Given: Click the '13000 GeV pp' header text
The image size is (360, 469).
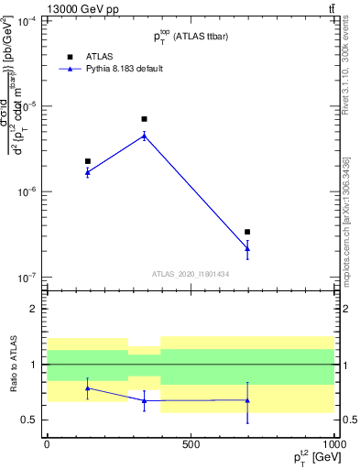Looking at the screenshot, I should point(51,8).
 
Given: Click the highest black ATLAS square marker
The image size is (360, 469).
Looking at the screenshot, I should point(144,119).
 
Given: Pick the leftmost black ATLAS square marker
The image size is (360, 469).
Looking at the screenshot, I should point(88,161).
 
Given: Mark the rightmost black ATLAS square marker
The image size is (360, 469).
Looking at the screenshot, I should point(247,233).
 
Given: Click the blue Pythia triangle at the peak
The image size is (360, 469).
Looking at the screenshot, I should point(144,136).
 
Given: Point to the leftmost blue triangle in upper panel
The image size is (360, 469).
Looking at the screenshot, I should point(88,171).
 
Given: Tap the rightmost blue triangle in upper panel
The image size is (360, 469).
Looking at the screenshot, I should point(247,248).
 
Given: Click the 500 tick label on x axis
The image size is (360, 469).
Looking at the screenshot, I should point(191,443).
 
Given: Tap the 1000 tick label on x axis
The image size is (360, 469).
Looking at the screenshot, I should point(333,443).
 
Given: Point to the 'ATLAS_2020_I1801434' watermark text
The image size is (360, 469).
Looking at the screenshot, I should point(190,274).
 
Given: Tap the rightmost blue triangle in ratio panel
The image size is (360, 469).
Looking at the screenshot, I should point(247,399).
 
